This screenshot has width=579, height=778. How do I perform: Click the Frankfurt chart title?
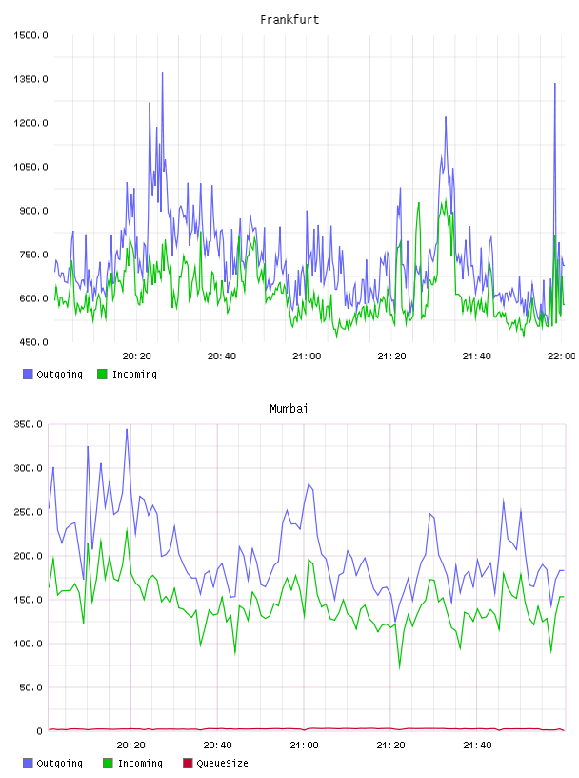[x=289, y=20]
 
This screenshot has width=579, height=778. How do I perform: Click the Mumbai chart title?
[x=289, y=409]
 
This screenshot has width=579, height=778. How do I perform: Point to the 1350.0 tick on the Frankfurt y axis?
[x=30, y=79]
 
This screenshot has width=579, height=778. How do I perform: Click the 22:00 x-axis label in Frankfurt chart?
[x=562, y=357]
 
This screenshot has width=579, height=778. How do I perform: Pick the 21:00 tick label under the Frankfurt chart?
[x=307, y=357]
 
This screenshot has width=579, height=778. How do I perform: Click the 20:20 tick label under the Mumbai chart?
[x=130, y=746]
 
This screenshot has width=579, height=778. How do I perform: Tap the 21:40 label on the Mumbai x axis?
[x=477, y=746]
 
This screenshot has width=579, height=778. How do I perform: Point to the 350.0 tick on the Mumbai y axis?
[x=29, y=424]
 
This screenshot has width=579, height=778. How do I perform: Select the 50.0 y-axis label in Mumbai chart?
[x=30, y=687]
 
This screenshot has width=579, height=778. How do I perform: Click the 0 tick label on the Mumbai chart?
[x=40, y=731]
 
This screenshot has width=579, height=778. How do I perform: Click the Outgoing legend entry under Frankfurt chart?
[x=53, y=374]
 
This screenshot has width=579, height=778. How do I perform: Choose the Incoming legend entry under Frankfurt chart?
[x=127, y=374]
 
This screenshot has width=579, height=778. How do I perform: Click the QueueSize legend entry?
[x=215, y=763]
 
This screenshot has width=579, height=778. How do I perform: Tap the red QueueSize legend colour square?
[x=188, y=763]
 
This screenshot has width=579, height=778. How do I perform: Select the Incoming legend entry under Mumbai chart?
[x=133, y=763]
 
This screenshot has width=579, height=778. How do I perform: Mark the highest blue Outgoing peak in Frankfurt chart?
[x=162, y=73]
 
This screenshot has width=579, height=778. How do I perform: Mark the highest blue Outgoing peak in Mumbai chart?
[x=127, y=430]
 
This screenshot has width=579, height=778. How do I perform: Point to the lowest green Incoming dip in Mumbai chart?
[x=400, y=668]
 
